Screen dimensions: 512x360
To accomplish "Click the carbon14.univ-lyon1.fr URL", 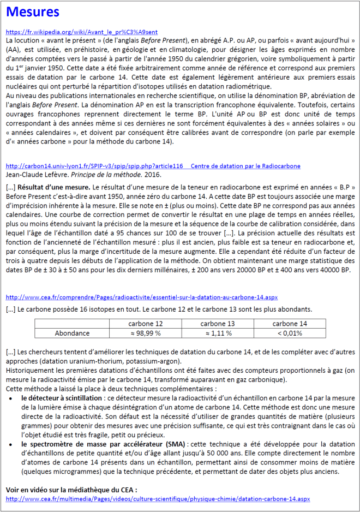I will pyautogui.click(x=94, y=165).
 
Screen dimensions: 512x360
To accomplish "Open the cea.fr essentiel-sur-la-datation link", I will pyautogui.click(x=141, y=297).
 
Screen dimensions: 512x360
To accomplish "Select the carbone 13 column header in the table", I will pyautogui.click(x=218, y=324).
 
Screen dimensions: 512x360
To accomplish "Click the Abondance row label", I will pyautogui.click(x=72, y=333).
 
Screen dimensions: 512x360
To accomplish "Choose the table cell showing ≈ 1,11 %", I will pyautogui.click(x=218, y=333).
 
